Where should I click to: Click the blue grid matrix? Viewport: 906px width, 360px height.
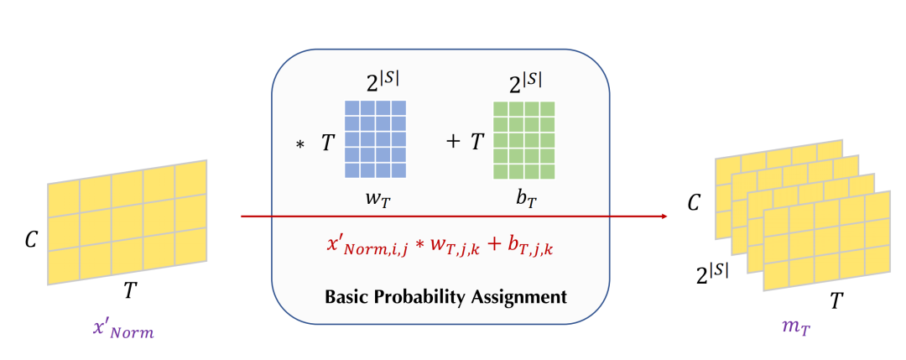tap(375, 138)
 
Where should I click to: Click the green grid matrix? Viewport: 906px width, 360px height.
tap(524, 139)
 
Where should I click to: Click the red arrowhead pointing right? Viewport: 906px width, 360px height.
tap(664, 217)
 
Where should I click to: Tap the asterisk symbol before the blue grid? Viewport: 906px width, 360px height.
tap(299, 145)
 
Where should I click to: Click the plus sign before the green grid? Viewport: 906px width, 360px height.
tap(453, 142)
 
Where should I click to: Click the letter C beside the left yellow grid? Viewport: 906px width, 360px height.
tap(32, 241)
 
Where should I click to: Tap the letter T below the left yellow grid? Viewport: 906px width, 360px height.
tap(129, 290)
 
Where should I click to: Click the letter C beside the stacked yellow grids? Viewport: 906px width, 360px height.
tap(694, 203)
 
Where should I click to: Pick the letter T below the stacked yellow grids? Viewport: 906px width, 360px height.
tap(836, 300)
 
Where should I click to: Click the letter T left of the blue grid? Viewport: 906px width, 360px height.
tap(328, 143)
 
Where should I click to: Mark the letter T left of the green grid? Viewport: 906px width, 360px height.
tap(476, 142)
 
